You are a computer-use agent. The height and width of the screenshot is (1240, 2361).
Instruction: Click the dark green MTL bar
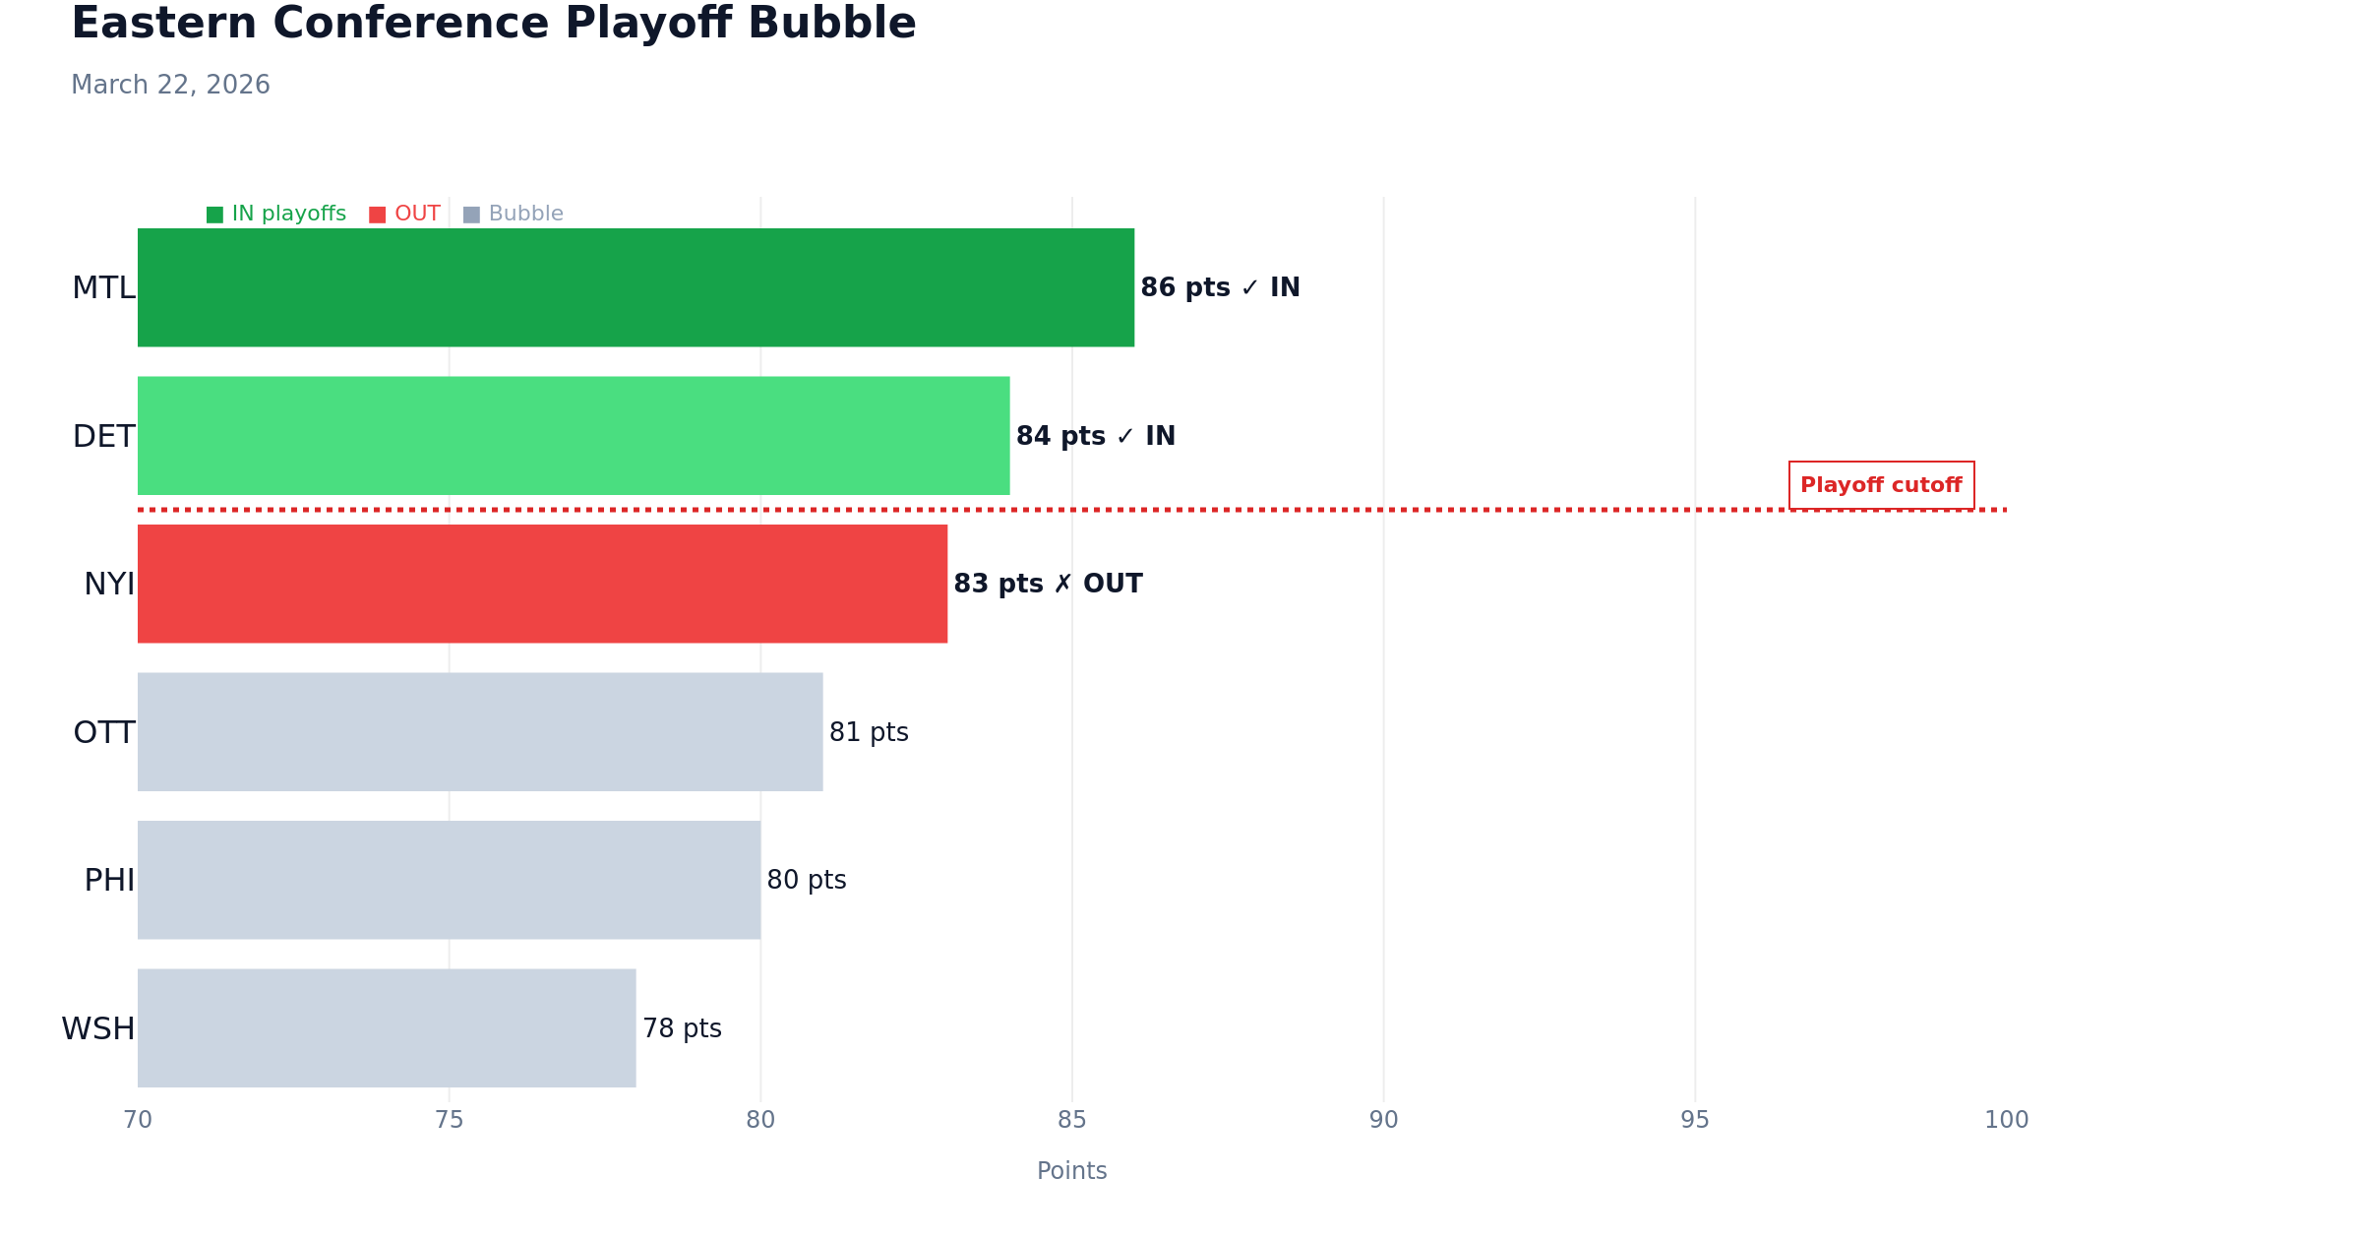click(x=636, y=287)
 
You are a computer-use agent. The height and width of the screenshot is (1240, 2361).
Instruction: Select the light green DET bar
click(x=574, y=436)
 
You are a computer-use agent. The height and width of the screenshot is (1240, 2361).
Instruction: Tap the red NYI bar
click(x=542, y=584)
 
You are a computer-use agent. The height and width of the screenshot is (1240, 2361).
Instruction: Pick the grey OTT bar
click(x=480, y=732)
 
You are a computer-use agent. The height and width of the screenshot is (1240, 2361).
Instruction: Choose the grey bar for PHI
click(x=449, y=880)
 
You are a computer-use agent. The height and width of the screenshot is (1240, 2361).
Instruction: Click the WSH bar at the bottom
click(x=387, y=1028)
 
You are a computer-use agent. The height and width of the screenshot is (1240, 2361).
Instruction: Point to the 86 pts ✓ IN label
click(x=1220, y=288)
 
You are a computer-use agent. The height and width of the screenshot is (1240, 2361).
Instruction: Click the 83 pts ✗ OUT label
click(x=1048, y=585)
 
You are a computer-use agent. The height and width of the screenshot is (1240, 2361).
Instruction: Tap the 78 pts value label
click(x=682, y=1029)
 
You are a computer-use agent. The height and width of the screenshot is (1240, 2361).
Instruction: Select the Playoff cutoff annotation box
click(x=1881, y=485)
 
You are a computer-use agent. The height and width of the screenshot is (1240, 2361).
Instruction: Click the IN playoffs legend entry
click(x=276, y=215)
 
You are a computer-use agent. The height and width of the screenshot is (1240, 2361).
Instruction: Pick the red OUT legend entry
click(x=405, y=215)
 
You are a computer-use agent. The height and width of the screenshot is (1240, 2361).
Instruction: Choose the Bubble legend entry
click(x=514, y=215)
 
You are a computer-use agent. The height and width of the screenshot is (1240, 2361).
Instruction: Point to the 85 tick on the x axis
click(x=1072, y=1120)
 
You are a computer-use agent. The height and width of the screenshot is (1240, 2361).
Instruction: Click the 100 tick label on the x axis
click(x=2006, y=1120)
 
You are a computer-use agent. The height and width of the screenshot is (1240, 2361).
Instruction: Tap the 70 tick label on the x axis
click(x=138, y=1120)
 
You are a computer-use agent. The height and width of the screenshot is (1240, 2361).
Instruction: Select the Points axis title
click(x=1072, y=1171)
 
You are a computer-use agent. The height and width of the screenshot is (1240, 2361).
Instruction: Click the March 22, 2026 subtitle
click(x=170, y=86)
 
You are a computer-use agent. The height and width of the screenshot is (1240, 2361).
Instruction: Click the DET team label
click(x=103, y=437)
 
